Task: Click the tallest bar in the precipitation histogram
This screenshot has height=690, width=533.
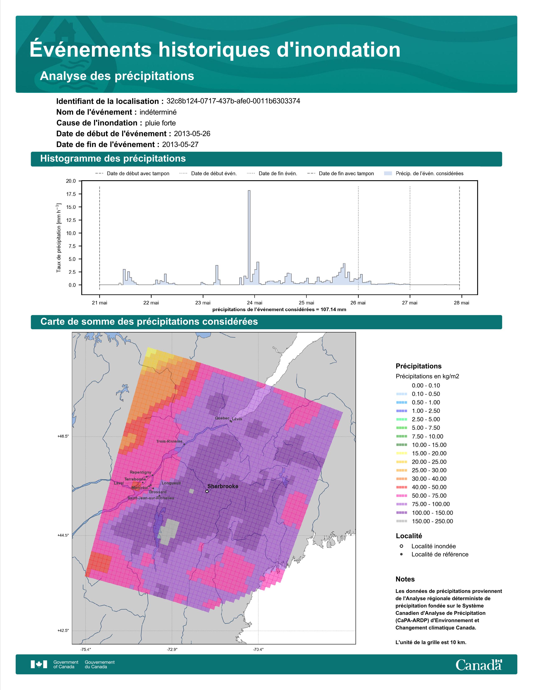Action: (x=249, y=238)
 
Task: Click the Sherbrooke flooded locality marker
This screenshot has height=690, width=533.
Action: (x=207, y=491)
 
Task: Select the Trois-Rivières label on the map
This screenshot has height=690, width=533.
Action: (x=169, y=441)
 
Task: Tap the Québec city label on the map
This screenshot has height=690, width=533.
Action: (x=222, y=418)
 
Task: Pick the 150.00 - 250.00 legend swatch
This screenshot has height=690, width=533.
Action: (x=401, y=521)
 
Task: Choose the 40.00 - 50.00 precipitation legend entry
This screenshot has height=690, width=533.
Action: (x=421, y=487)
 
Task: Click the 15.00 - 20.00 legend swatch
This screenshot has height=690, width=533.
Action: (x=401, y=453)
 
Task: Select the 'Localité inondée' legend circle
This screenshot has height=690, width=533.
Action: (x=401, y=546)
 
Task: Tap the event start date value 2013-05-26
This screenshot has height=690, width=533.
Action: (x=192, y=134)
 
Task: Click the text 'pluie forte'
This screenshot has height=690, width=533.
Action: (x=160, y=123)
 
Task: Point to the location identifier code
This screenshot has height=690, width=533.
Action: (x=233, y=101)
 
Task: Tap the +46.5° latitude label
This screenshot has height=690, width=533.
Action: (x=63, y=436)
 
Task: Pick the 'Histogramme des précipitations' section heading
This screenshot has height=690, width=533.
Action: (x=113, y=159)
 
